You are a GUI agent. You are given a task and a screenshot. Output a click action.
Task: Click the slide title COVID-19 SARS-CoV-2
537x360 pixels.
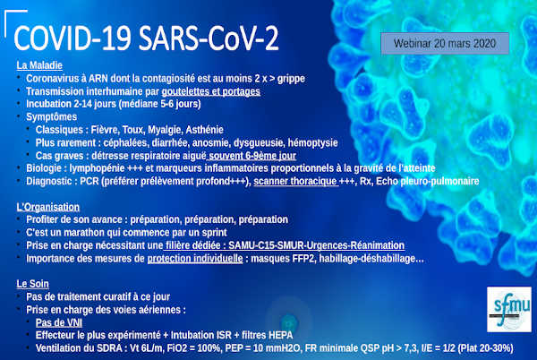pos(146,39)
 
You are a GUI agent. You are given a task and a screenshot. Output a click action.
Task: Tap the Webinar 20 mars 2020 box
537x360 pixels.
pos(445,44)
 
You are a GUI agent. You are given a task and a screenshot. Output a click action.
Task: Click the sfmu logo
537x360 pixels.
pos(509,309)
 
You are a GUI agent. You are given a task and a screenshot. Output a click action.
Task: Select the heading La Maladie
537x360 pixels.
pos(39,65)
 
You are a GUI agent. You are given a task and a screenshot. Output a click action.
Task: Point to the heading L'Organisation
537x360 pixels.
pos(48,207)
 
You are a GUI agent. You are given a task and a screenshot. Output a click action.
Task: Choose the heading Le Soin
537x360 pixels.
pos(32,284)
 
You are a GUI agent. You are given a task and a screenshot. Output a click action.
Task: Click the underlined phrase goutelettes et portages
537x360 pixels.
pos(211,91)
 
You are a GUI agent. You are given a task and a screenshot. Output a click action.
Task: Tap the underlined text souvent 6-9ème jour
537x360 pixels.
pos(252,156)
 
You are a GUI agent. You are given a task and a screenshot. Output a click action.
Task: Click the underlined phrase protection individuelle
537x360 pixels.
pos(195,258)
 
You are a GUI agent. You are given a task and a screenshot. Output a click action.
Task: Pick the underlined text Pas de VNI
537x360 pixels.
pos(59,322)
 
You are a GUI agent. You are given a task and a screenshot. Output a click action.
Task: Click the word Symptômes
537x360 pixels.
pos(51,116)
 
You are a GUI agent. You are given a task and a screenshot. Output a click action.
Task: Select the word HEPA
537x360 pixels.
pos(281,335)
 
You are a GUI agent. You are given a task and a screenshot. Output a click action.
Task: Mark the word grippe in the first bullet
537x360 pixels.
pos(291,79)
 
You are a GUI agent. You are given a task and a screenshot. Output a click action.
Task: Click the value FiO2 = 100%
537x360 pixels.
pos(193,348)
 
